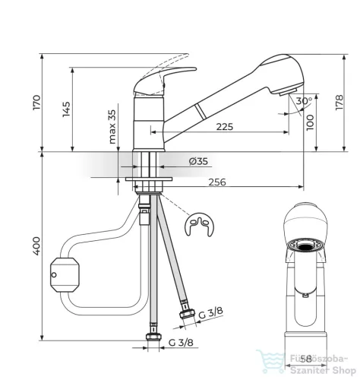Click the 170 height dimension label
tap(36, 103)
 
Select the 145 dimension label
tap(66, 109)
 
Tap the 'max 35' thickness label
tap(112, 127)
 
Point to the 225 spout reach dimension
tap(225, 127)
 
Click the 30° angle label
tap(304, 100)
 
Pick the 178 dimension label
tap(339, 103)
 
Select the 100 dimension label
tap(310, 122)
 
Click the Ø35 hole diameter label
tap(198, 161)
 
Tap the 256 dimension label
tap(217, 182)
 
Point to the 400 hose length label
tap(36, 245)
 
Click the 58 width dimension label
tap(306, 359)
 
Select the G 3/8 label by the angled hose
tap(210, 313)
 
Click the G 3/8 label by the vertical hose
tap(181, 343)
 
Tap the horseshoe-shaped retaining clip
tap(199, 224)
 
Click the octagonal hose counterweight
tap(65, 275)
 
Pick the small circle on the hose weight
tap(54, 275)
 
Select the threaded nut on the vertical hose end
tap(153, 337)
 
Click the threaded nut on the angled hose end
tap(188, 314)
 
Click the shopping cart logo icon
tap(270, 361)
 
